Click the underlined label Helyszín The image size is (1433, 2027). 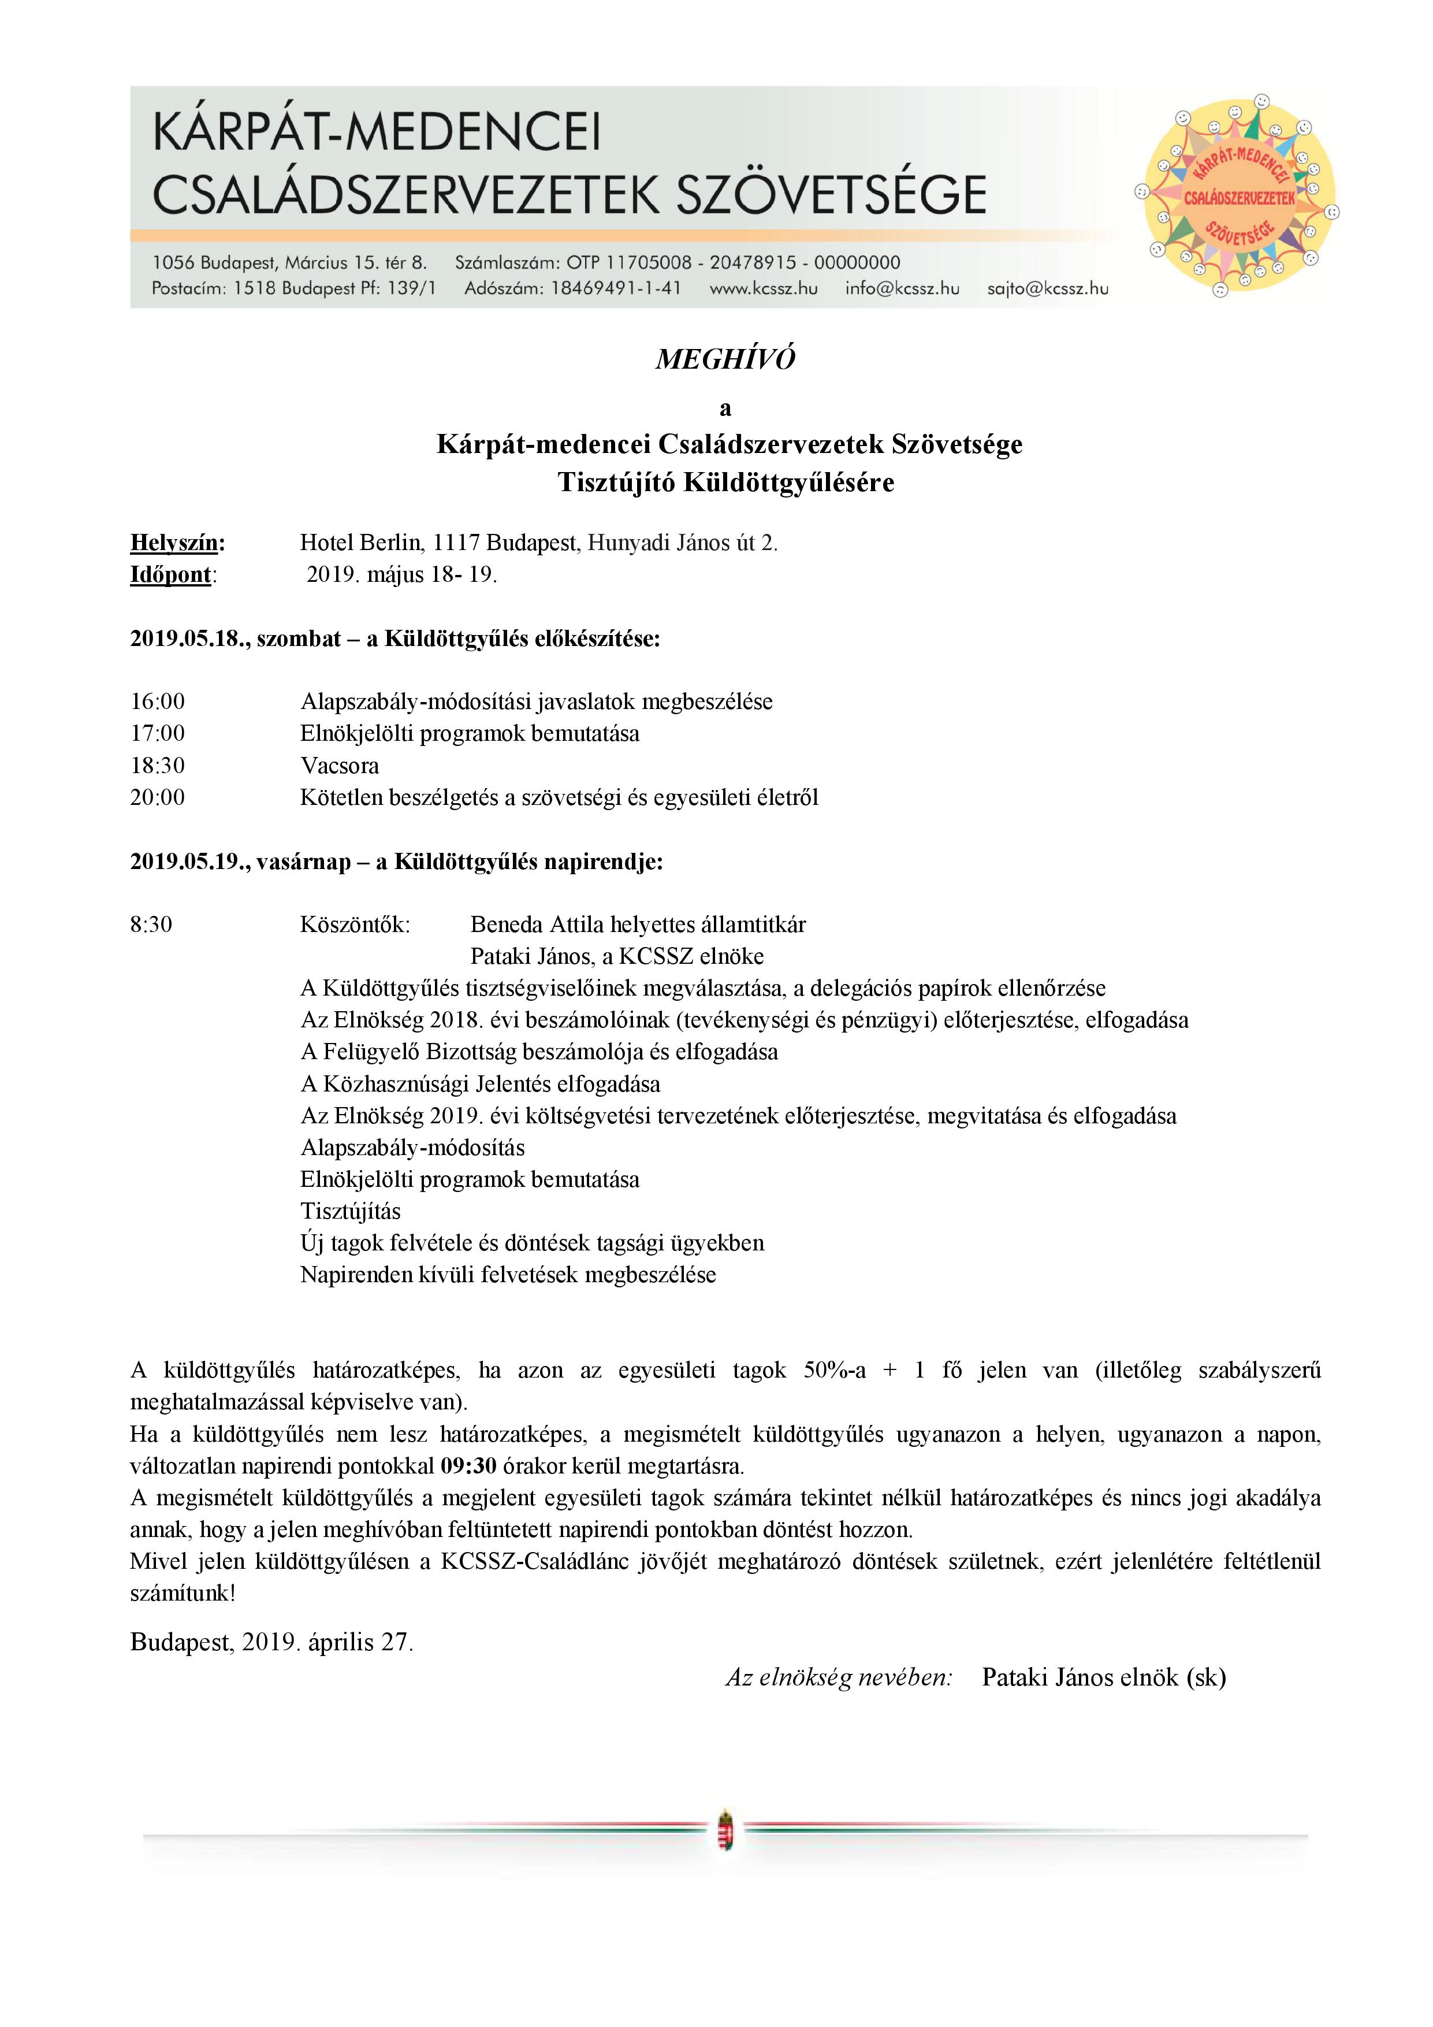click(x=177, y=542)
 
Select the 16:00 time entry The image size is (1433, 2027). click(x=158, y=702)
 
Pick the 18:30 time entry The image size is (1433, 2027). click(x=158, y=766)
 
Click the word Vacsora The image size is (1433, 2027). click(x=340, y=766)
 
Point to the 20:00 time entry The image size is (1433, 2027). click(x=158, y=797)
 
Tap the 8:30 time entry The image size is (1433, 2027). click(x=152, y=925)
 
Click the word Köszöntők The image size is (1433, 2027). click(x=355, y=925)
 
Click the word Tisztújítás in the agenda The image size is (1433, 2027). click(x=351, y=1211)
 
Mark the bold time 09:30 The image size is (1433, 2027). click(x=468, y=1467)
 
